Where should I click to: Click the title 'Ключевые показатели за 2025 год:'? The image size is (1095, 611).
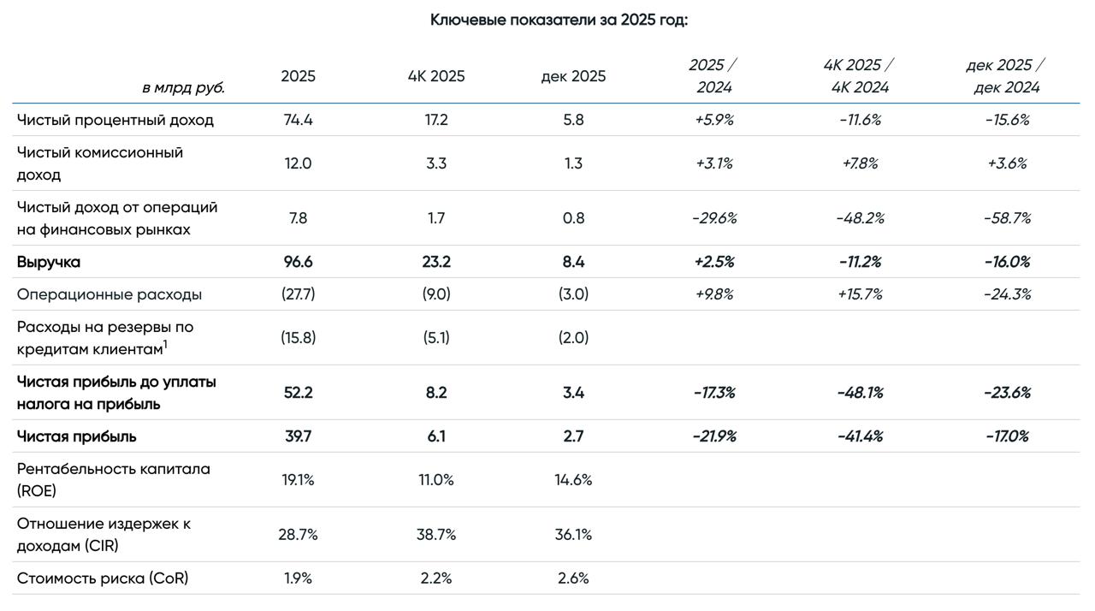pos(559,20)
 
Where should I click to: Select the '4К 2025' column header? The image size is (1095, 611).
pos(436,76)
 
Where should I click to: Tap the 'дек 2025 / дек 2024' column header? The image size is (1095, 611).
pos(1006,76)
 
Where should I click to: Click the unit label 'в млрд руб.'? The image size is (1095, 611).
pos(183,87)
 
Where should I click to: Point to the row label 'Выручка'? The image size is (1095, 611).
pos(49,262)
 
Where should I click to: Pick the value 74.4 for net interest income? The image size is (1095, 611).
pos(298,120)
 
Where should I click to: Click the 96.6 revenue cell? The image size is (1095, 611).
pos(298,262)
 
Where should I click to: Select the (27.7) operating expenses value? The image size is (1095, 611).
pos(298,294)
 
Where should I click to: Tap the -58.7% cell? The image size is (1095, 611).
pos(1007,218)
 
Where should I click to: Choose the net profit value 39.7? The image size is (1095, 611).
pos(298,436)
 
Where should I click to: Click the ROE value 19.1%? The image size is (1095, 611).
pos(298,480)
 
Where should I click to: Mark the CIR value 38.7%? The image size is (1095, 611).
pos(436,535)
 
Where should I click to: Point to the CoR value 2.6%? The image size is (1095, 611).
pos(573,578)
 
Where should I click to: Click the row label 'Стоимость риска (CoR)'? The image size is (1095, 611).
pos(103,578)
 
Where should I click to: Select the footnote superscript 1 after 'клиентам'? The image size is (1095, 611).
pos(165,345)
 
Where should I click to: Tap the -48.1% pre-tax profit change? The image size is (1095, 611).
pos(860,393)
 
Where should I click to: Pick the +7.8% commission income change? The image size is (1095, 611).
pos(860,163)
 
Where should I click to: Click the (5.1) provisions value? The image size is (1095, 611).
pos(436,338)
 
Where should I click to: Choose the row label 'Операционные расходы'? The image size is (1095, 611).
pos(109,294)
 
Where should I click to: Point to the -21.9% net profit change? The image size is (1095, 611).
pos(714,436)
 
